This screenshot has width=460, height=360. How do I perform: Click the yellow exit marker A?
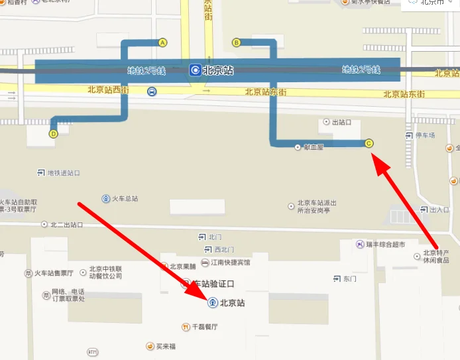tap(162, 42)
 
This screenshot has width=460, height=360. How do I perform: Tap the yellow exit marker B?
tap(236, 42)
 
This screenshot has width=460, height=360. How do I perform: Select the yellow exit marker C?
tap(369, 143)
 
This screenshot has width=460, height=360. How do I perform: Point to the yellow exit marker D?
tap(53, 133)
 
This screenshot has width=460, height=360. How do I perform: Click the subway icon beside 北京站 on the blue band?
tap(195, 70)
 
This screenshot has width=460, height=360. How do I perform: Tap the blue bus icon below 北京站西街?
tap(152, 91)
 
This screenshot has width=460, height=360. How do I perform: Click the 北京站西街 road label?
tap(107, 89)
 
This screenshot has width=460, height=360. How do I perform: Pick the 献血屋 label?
tap(312, 147)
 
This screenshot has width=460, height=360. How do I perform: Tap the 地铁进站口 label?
tap(64, 173)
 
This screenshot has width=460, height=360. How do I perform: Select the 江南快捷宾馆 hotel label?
tap(231, 263)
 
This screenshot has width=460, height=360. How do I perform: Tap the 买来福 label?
tap(165, 346)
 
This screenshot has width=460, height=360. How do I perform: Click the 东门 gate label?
tap(349, 278)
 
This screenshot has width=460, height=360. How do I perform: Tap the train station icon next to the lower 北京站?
tap(212, 303)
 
